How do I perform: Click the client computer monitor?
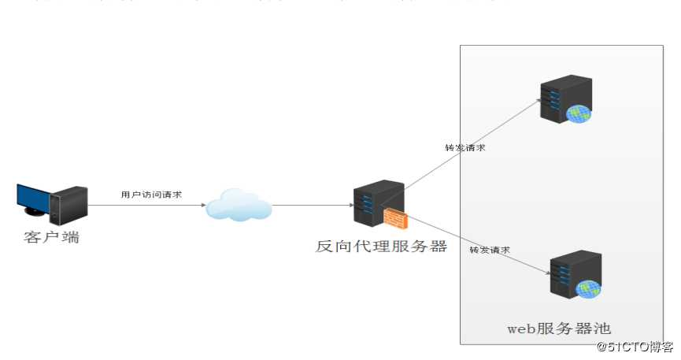(x=33, y=199)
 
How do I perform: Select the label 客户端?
(x=52, y=237)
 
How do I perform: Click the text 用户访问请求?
(x=151, y=194)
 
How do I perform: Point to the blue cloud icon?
(x=239, y=205)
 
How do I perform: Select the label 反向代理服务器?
(x=381, y=247)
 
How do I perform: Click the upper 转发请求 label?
(x=464, y=147)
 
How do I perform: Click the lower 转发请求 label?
(x=490, y=250)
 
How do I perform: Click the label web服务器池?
(x=558, y=328)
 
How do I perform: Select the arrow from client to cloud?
(x=146, y=206)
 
